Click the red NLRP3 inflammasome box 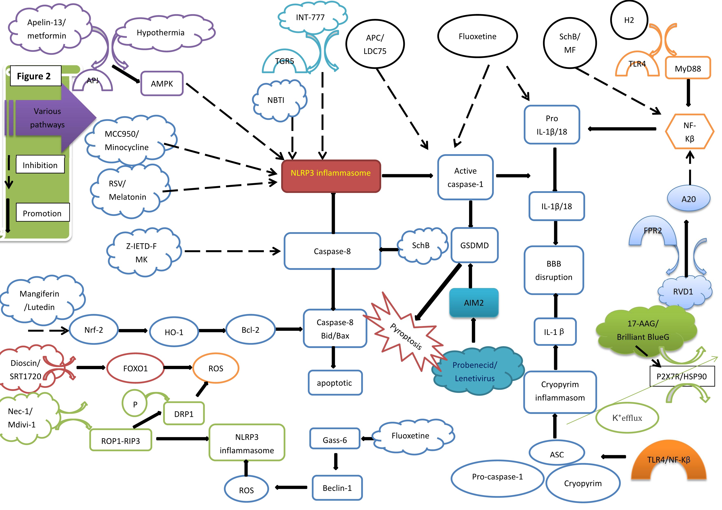[331, 176]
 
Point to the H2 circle [629, 20]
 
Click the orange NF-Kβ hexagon [689, 132]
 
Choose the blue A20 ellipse [688, 199]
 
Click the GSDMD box [474, 245]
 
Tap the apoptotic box [335, 383]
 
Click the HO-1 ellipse [174, 332]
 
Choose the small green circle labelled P [135, 405]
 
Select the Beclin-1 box [337, 488]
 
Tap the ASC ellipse [557, 454]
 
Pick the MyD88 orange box [688, 68]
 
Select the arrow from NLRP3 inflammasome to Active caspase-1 [408, 176]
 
